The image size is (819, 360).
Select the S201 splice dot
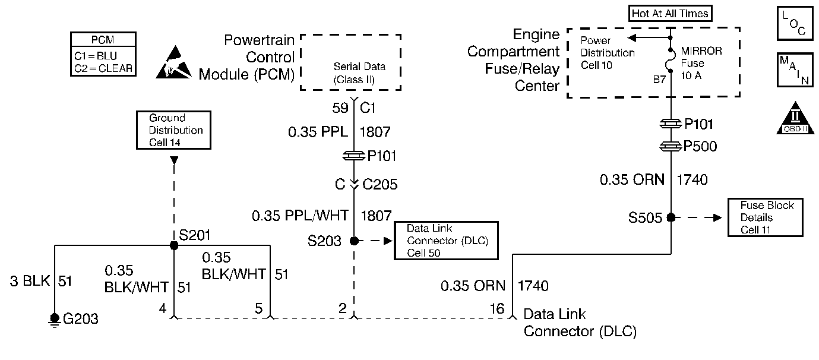click(174, 245)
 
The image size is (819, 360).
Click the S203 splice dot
click(354, 241)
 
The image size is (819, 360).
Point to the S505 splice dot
click(671, 217)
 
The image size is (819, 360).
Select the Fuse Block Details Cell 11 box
click(767, 217)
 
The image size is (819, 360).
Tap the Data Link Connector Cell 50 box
click(445, 241)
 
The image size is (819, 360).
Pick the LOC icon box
click(795, 24)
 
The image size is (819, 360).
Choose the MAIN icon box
click(795, 71)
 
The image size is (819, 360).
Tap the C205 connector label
click(378, 185)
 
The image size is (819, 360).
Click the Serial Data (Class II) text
click(354, 72)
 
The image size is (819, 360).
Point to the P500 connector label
click(700, 147)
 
